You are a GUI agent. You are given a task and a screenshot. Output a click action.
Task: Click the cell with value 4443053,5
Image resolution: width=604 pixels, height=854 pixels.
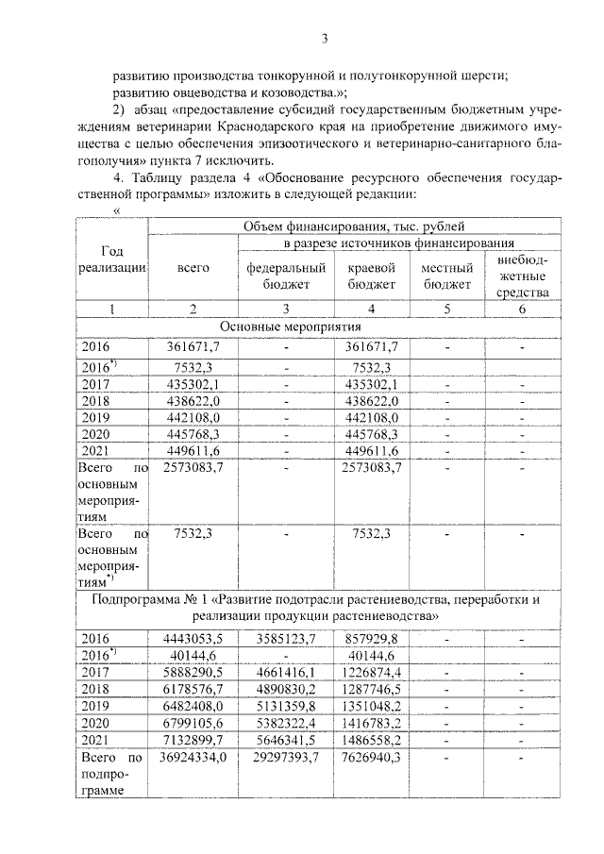[193, 639]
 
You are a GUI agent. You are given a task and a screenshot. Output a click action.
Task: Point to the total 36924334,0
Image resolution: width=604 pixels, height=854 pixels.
[193, 757]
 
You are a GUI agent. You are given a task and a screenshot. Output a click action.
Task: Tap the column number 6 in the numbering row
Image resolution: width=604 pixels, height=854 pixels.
[522, 310]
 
